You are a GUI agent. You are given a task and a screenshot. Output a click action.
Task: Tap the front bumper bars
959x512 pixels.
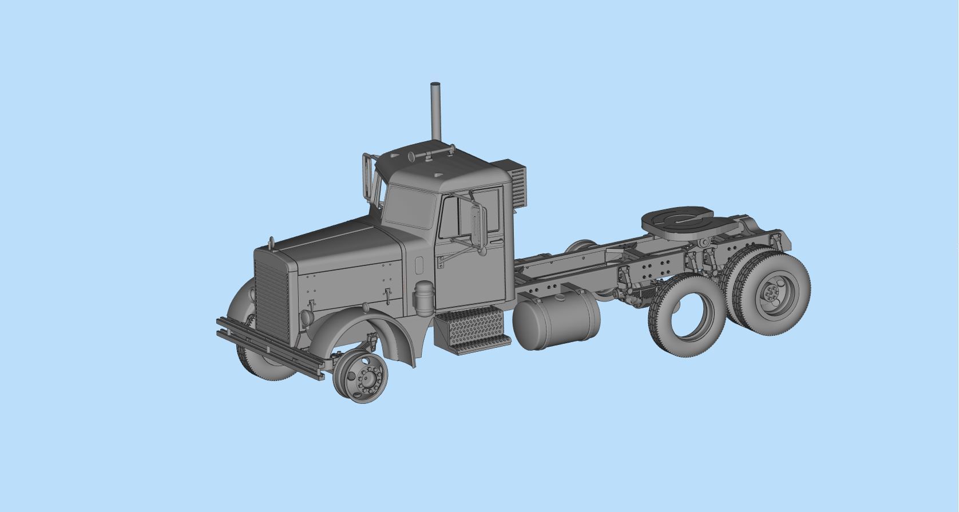[x=269, y=344]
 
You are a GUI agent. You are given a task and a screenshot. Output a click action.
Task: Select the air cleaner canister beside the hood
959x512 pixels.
[x=424, y=298]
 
